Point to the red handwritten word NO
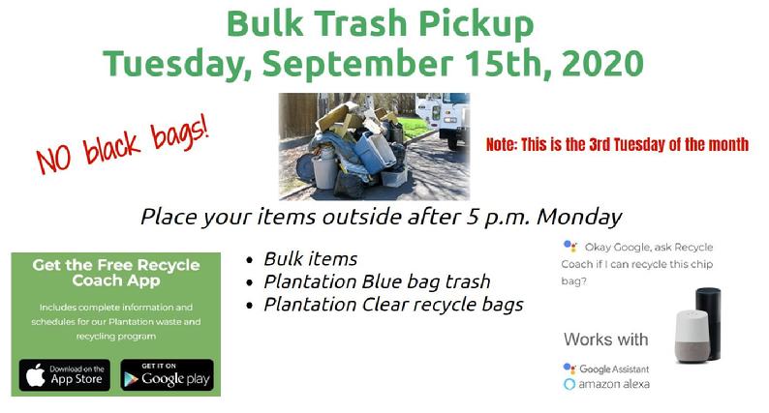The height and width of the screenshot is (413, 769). pyautogui.click(x=54, y=158)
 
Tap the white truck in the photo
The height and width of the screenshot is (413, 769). pyautogui.click(x=443, y=119)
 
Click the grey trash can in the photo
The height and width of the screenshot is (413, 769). pyautogui.click(x=324, y=171)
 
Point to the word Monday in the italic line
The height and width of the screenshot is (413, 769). pyautogui.click(x=579, y=217)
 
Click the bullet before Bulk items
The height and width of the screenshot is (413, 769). pyautogui.click(x=250, y=260)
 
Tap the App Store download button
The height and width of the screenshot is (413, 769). pyautogui.click(x=65, y=375)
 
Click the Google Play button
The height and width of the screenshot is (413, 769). pyautogui.click(x=168, y=375)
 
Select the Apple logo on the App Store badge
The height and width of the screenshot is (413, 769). pyautogui.click(x=35, y=376)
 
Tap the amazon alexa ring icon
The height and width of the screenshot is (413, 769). pyautogui.click(x=569, y=384)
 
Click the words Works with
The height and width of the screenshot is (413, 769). pyautogui.click(x=605, y=339)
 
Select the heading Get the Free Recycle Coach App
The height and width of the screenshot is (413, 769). pyautogui.click(x=116, y=273)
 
